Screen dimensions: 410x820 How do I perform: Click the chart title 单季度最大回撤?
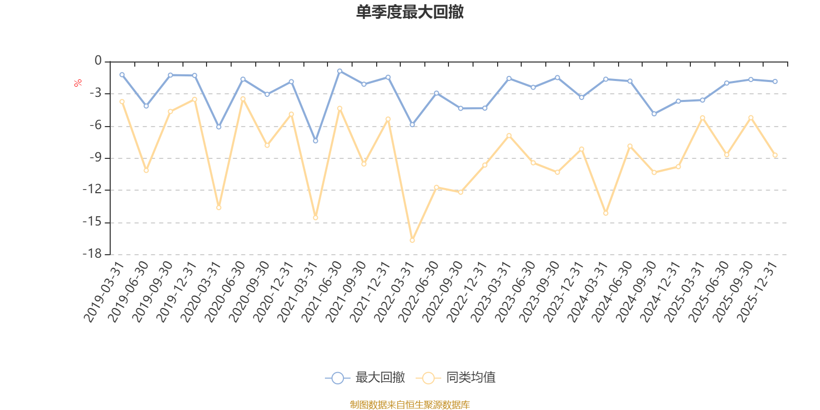click(410, 12)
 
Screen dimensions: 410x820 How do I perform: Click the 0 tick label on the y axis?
click(98, 61)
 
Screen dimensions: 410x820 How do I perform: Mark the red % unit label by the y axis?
click(78, 83)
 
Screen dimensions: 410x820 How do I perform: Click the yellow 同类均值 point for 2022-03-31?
click(412, 240)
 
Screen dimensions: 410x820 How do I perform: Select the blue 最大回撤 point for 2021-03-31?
click(315, 141)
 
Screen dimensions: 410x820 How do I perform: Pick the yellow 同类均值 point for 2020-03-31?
click(219, 208)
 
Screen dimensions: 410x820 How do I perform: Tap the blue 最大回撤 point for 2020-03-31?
click(219, 127)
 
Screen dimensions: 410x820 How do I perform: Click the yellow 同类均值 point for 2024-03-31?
click(606, 213)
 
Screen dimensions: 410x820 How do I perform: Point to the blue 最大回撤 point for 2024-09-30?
click(654, 114)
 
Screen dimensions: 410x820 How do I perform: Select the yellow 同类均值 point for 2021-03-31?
click(315, 218)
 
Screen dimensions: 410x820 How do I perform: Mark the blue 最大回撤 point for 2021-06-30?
click(339, 71)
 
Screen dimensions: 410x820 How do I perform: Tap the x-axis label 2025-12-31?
click(758, 292)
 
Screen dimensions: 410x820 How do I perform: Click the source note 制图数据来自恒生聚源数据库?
click(410, 405)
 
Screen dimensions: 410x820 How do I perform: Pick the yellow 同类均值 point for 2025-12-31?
click(775, 155)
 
